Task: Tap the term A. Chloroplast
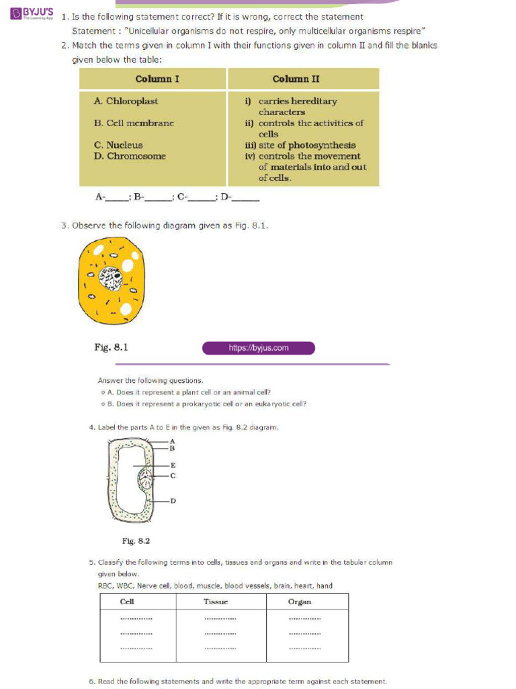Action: click(x=126, y=101)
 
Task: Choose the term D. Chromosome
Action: click(x=130, y=156)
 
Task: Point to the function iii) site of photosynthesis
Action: click(x=300, y=145)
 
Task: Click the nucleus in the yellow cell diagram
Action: click(x=111, y=277)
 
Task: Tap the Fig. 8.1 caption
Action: click(x=111, y=347)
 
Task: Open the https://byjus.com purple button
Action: click(x=259, y=348)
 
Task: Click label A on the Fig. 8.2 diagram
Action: click(x=172, y=441)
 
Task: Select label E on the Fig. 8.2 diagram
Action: click(x=173, y=465)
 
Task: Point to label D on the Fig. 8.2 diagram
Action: click(x=173, y=500)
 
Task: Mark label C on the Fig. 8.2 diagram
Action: click(x=173, y=476)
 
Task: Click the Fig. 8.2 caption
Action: click(x=136, y=540)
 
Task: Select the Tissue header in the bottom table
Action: click(x=216, y=602)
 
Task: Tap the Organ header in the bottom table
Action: click(x=300, y=602)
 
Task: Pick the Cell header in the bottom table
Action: click(x=127, y=602)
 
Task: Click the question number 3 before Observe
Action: click(x=64, y=225)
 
